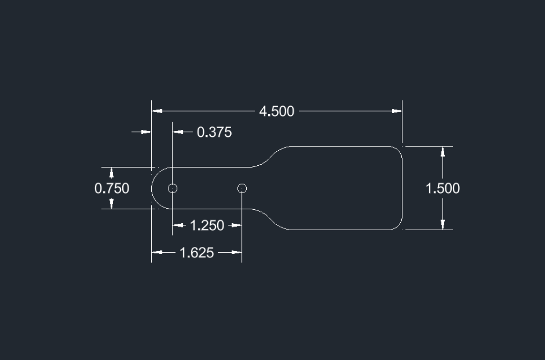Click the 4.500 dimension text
[x=277, y=111]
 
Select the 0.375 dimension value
[x=214, y=132]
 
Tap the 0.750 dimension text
[x=112, y=188]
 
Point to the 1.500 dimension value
[x=443, y=188]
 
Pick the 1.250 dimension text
[x=207, y=225]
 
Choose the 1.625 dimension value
[x=197, y=253]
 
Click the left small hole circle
[x=173, y=188]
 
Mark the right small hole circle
[x=242, y=188]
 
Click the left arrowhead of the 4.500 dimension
[x=157, y=111]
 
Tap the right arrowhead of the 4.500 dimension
[x=397, y=111]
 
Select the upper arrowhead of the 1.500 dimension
[x=443, y=152]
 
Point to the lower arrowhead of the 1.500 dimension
[x=443, y=224]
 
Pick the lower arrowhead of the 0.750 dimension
[x=112, y=204]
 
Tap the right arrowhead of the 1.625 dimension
[x=237, y=253]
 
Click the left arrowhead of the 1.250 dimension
[x=178, y=225]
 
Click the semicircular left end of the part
[x=154, y=188]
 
